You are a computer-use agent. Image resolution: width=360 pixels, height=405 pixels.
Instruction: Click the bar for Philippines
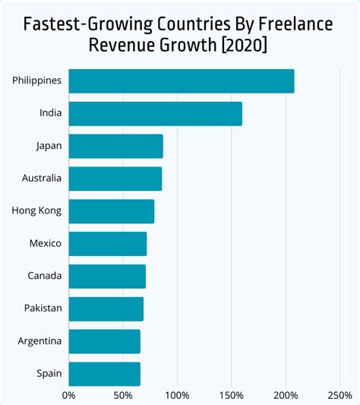(182, 81)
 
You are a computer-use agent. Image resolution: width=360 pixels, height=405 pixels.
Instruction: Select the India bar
(156, 114)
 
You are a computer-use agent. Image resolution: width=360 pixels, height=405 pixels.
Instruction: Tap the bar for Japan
(116, 146)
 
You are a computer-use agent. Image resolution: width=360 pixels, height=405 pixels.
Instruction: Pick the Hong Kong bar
(112, 211)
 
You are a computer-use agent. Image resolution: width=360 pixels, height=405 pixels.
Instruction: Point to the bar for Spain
(105, 374)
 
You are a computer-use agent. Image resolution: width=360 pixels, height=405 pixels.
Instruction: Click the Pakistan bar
(106, 309)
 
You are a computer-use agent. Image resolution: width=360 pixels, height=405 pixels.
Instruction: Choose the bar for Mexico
(108, 244)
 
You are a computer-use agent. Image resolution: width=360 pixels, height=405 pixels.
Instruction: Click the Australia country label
(42, 179)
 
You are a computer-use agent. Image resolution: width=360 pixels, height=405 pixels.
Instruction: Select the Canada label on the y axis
(45, 276)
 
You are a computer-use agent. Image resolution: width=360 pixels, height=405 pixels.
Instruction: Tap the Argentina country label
(40, 341)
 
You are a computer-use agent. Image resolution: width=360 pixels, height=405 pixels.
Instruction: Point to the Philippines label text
(37, 81)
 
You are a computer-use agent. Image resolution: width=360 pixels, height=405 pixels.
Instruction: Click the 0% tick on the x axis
(69, 395)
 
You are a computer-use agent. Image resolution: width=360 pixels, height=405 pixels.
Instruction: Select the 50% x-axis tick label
(123, 395)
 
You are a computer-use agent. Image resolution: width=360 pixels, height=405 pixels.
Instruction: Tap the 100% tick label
(177, 395)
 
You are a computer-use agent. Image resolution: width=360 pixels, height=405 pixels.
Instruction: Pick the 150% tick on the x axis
(231, 395)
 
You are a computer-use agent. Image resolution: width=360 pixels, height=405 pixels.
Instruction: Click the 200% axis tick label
(286, 395)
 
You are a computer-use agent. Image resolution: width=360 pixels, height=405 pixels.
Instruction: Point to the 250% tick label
(339, 395)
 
